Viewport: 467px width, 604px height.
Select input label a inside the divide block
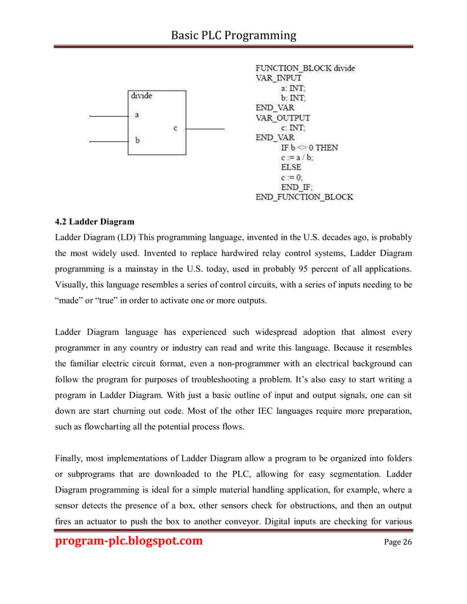coord(138,115)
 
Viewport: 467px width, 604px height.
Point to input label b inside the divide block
coord(138,140)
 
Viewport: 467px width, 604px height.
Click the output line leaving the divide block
coord(204,129)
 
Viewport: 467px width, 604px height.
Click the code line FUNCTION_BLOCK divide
coord(305,68)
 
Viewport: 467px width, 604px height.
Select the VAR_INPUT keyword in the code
coord(278,78)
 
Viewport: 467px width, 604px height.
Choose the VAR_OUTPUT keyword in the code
coord(282,117)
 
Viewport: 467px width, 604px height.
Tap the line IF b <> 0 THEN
coord(309,147)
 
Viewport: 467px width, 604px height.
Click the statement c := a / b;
coord(298,157)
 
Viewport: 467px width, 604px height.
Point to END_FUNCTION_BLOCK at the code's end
coord(304,197)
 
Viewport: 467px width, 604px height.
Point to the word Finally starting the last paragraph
coord(71,459)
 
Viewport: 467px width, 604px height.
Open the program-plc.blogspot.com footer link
coord(130,562)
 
